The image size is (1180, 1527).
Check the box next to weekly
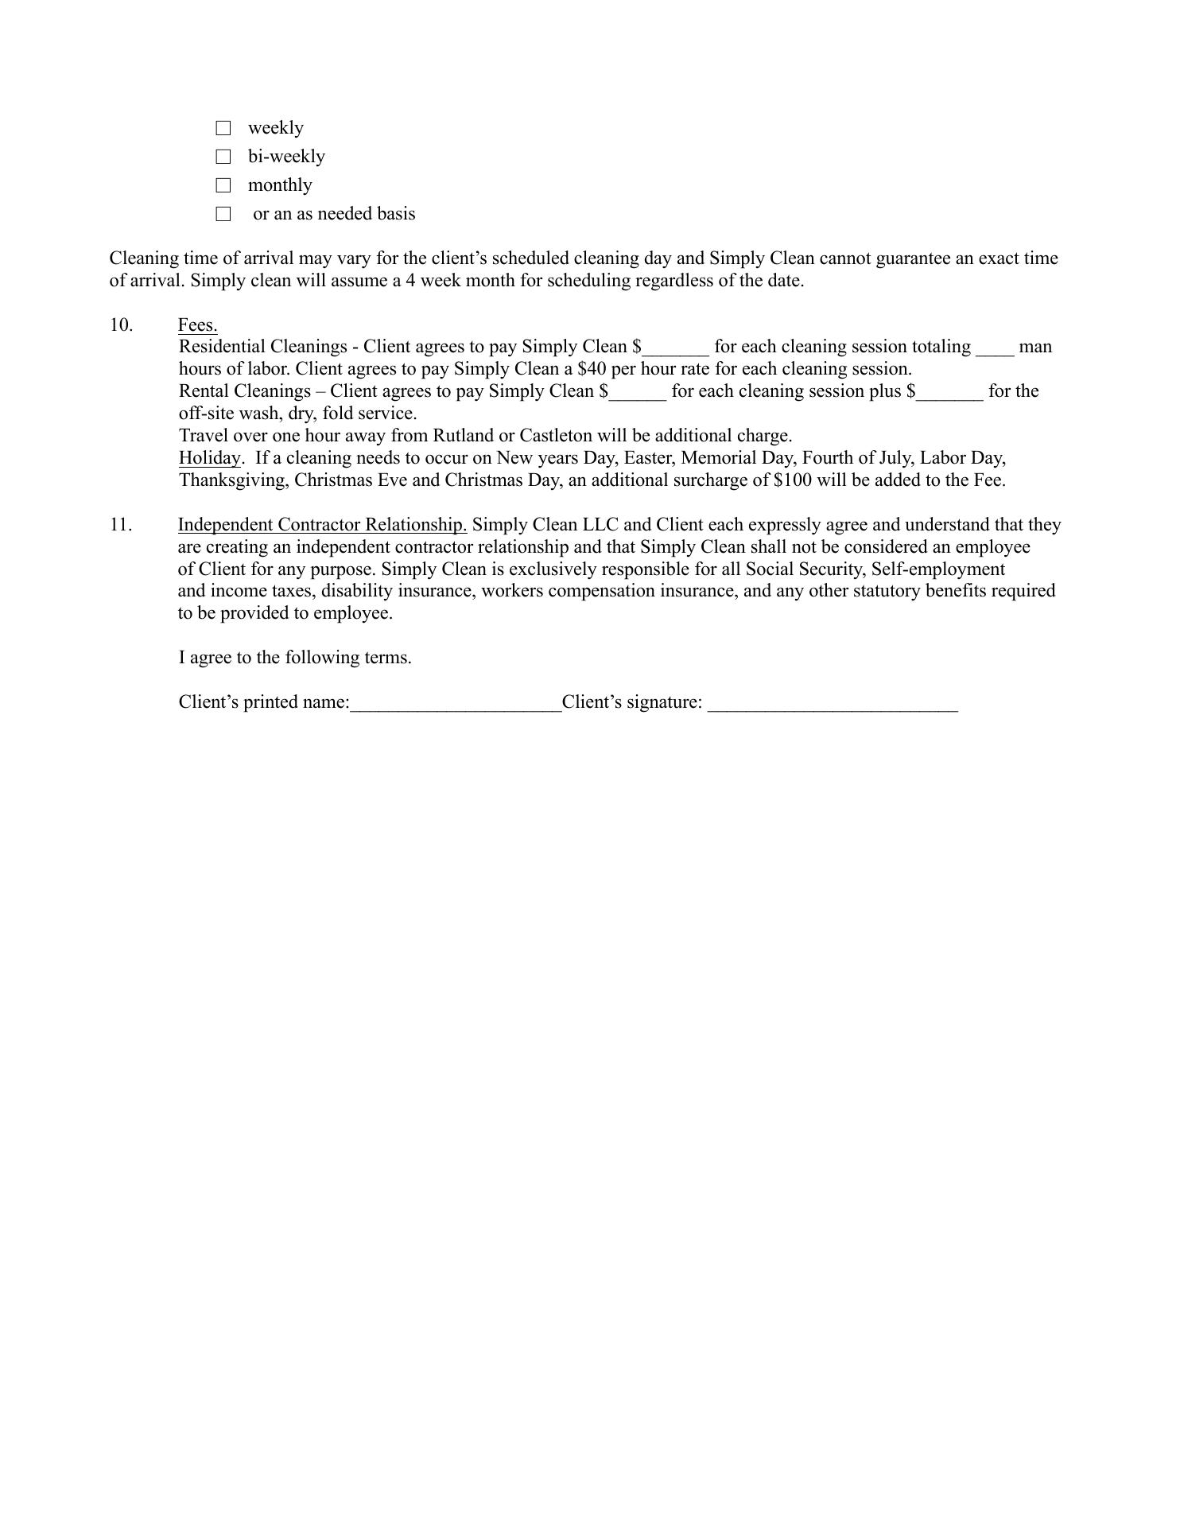[223, 128]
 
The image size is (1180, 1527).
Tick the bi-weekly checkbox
[223, 157]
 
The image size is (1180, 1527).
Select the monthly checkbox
[223, 185]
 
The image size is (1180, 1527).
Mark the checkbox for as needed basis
[223, 214]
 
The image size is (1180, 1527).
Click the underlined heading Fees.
[197, 325]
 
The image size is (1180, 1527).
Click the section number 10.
[121, 325]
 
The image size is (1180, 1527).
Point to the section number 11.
[121, 525]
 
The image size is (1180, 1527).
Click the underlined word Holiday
[209, 458]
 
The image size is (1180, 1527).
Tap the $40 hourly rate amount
[592, 369]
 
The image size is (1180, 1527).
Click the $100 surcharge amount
[792, 480]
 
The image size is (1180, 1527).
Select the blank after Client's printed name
[456, 703]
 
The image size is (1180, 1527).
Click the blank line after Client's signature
[833, 703]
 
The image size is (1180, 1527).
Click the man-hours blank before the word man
[995, 348]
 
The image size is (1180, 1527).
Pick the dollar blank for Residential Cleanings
[676, 348]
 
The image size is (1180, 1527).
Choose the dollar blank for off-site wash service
[950, 392]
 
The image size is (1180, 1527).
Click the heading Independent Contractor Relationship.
[322, 525]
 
